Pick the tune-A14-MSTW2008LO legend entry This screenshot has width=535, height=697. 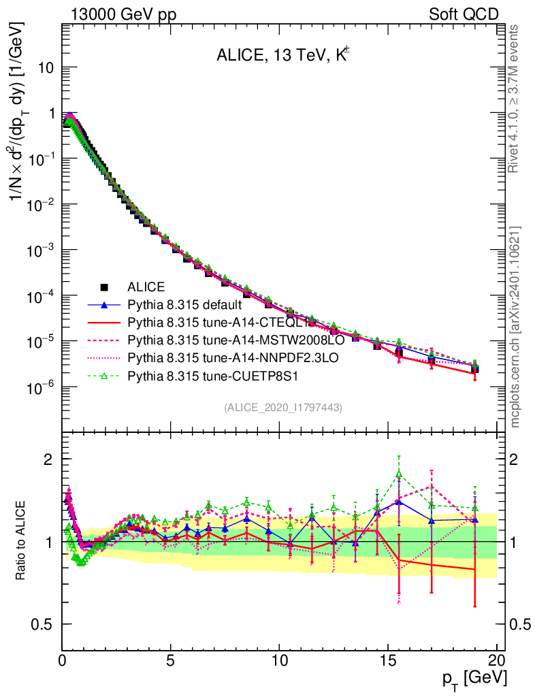[222, 340]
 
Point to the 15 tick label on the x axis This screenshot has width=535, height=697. [388, 660]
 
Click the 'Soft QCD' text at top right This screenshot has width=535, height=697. [464, 14]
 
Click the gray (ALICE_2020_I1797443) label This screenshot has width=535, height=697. [282, 407]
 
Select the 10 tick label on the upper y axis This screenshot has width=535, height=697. [46, 68]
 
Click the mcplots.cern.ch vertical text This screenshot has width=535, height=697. [517, 327]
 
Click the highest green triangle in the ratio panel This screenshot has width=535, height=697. [399, 474]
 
